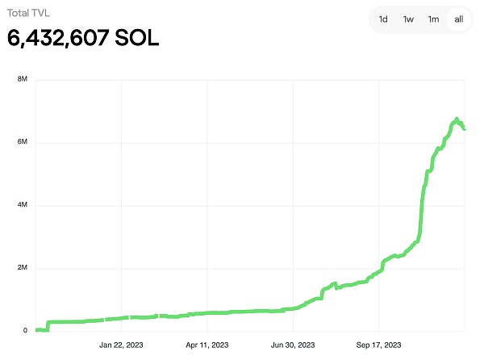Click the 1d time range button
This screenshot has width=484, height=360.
[x=384, y=19]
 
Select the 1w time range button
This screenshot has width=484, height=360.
[x=408, y=19]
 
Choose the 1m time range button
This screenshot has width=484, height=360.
[x=434, y=19]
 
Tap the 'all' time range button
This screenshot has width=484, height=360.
[x=458, y=19]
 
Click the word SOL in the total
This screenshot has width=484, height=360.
[x=134, y=37]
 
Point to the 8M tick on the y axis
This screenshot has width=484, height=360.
[x=23, y=80]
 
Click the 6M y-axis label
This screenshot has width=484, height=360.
[x=23, y=143]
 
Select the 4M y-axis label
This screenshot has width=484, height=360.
[x=23, y=206]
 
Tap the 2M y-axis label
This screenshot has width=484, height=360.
[x=23, y=268]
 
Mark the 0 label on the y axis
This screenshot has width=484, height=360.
[x=25, y=331]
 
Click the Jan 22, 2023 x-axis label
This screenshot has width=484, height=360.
[x=121, y=345]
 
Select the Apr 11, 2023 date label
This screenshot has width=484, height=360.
[x=207, y=345]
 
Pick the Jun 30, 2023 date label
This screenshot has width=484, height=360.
[x=293, y=345]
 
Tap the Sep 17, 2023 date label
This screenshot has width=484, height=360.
[x=378, y=345]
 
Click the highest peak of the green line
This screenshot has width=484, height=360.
[x=457, y=119]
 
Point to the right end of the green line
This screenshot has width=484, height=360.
[x=464, y=128]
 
